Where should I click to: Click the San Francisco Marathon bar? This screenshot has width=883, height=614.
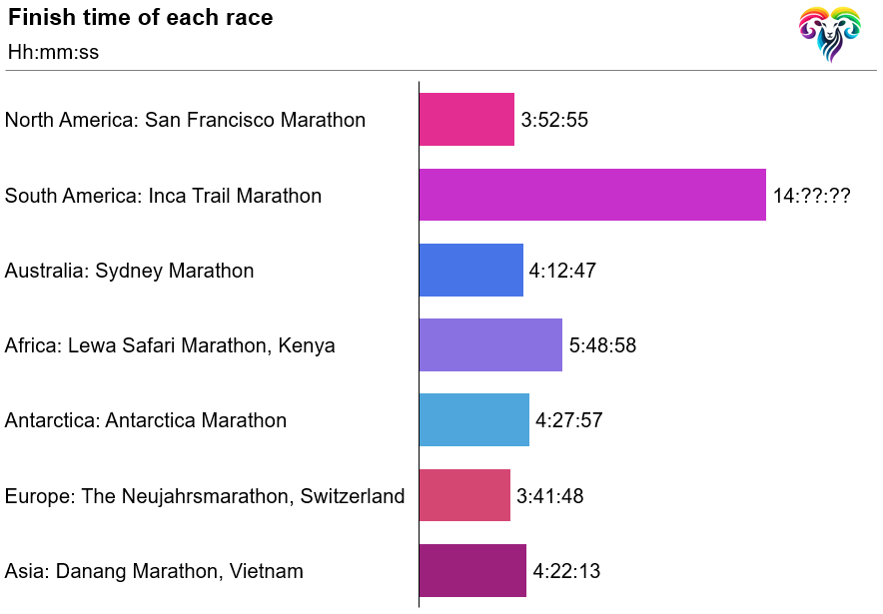[466, 120]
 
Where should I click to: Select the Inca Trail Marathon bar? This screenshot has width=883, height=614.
[592, 195]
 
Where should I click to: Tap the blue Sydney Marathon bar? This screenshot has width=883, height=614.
[470, 271]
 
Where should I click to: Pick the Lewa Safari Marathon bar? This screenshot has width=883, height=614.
[490, 345]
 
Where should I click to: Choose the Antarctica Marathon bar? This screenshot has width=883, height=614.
[473, 420]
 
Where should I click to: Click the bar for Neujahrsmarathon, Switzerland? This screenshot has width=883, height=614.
[464, 495]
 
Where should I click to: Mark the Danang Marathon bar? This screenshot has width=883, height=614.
[472, 571]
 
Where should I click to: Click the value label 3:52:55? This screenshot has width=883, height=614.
[554, 121]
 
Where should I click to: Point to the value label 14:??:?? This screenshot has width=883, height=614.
[811, 196]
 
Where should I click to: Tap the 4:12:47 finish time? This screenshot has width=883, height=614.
[562, 272]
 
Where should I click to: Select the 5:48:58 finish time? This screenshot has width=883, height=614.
[602, 346]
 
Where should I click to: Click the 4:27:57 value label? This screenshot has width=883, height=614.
[568, 421]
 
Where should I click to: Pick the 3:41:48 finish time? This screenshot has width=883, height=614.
[549, 496]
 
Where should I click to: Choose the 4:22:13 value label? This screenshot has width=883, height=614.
[566, 572]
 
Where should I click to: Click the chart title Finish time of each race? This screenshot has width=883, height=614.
[140, 18]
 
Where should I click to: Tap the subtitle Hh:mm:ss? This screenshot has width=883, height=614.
[53, 52]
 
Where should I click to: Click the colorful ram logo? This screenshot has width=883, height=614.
[829, 34]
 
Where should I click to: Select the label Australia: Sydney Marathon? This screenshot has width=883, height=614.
[129, 271]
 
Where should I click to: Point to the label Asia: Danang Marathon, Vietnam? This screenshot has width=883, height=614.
[154, 571]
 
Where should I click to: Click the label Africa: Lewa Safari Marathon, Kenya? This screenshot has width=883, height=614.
[170, 345]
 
